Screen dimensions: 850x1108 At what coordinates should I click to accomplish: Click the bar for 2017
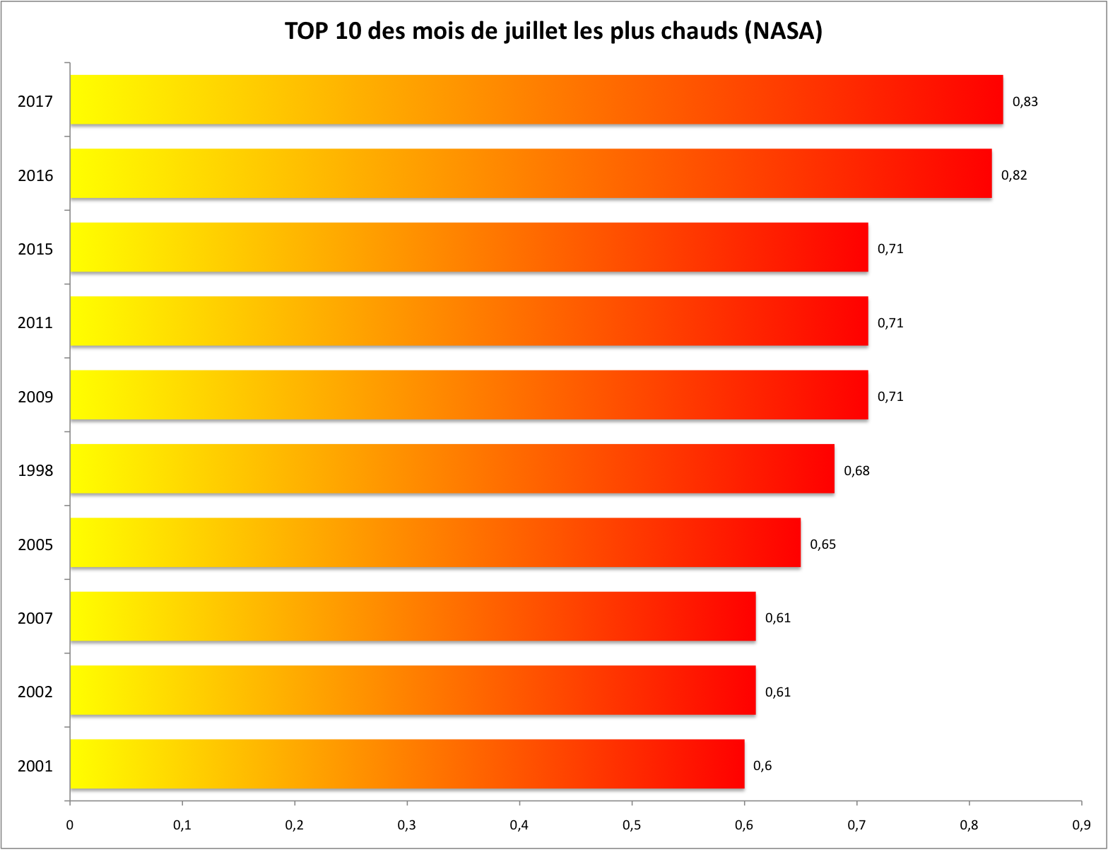click(x=536, y=100)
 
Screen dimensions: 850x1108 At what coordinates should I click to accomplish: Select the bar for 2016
click(x=531, y=173)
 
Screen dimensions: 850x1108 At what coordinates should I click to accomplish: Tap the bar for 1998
click(x=452, y=469)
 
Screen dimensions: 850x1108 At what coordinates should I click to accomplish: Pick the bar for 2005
click(x=435, y=542)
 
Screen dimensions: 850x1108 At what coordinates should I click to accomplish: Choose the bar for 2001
click(x=407, y=764)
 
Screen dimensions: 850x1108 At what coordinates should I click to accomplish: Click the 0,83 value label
click(x=1025, y=102)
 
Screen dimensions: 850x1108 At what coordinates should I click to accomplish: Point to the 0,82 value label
click(x=1014, y=175)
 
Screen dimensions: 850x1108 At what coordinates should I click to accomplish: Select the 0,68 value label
click(x=856, y=471)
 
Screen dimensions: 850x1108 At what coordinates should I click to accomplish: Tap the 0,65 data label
click(x=823, y=545)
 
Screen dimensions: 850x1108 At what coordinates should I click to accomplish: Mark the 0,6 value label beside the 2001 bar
click(x=762, y=766)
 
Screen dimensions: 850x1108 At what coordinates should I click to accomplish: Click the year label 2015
click(x=35, y=250)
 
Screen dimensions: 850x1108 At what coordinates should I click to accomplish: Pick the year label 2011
click(x=35, y=323)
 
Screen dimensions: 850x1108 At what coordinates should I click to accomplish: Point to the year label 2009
click(x=35, y=397)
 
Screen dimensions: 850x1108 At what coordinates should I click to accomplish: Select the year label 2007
click(x=35, y=619)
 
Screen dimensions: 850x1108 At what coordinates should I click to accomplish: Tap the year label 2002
click(x=35, y=692)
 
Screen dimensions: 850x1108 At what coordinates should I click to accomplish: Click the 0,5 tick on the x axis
click(x=632, y=825)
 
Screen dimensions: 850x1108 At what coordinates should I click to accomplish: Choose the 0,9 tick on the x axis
click(x=1081, y=825)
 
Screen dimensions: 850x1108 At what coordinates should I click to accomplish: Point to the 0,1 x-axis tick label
click(x=182, y=825)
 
